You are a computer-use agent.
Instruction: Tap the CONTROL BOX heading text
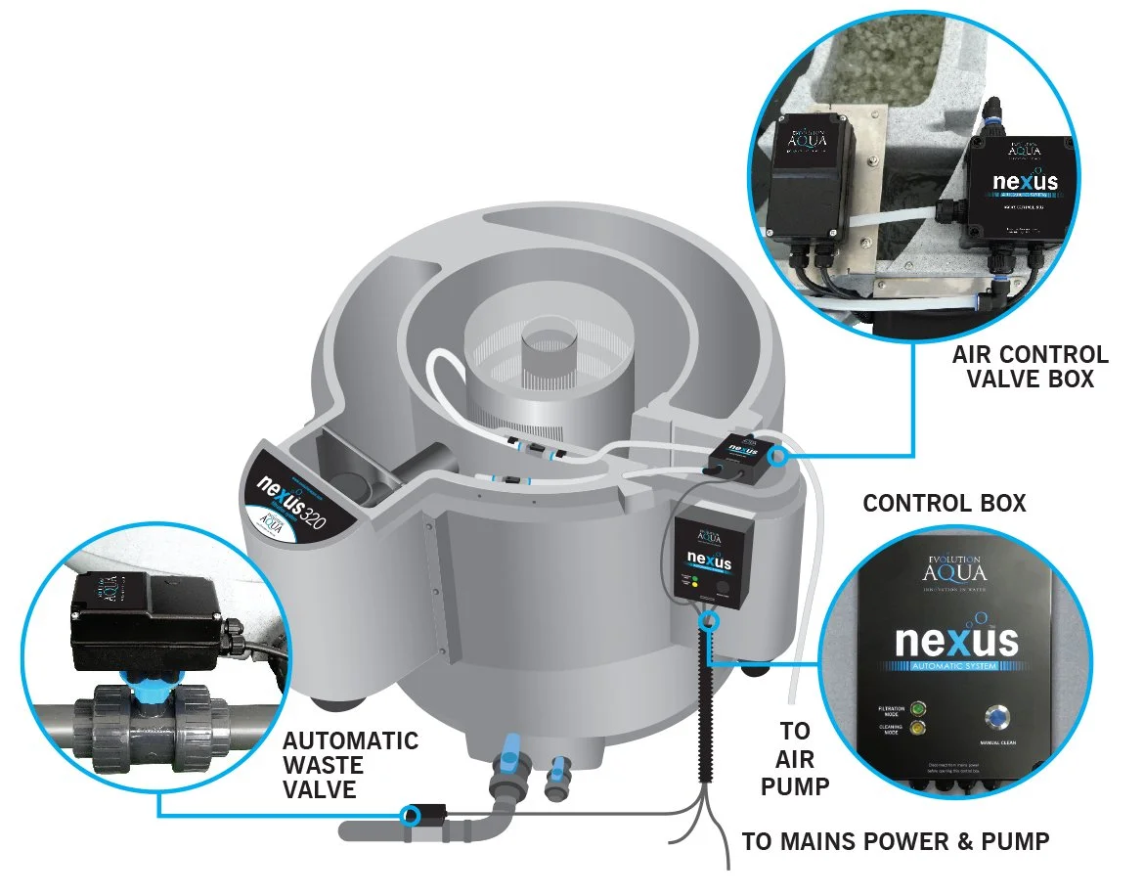(x=944, y=504)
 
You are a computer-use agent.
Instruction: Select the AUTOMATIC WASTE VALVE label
(x=350, y=765)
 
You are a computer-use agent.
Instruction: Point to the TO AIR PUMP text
(x=795, y=757)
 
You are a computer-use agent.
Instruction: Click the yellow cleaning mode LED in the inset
(x=917, y=729)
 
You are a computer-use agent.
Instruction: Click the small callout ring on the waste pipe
(x=412, y=814)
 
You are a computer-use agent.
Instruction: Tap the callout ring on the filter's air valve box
(x=778, y=456)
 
